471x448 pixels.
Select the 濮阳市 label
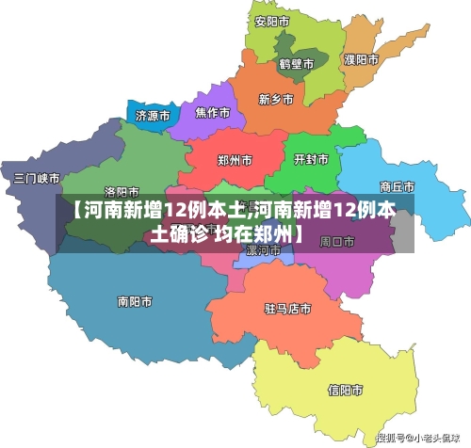361,59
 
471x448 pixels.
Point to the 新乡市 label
275,99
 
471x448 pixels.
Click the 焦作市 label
212,113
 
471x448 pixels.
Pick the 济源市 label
153,117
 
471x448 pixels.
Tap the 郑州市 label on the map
235,160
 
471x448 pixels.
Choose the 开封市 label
312,159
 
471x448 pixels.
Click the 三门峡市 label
37,178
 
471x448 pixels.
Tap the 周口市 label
337,241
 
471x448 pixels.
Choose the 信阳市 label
346,388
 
